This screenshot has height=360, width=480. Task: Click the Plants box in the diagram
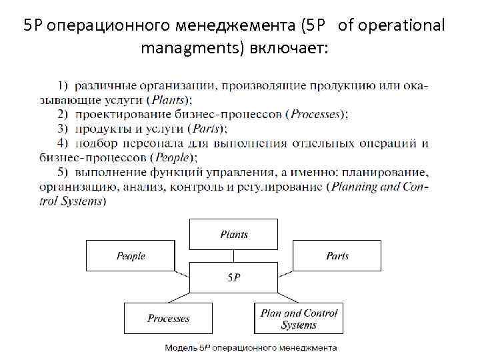tap(233, 234)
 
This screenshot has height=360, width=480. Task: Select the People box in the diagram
tap(131, 256)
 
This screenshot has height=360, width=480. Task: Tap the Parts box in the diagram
tap(337, 256)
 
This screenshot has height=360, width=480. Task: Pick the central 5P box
tap(233, 277)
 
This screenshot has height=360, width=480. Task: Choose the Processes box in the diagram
tap(168, 319)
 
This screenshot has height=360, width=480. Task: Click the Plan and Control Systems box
tap(299, 319)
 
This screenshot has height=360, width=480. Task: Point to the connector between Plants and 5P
tap(233, 256)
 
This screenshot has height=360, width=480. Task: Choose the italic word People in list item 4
tap(172, 158)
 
